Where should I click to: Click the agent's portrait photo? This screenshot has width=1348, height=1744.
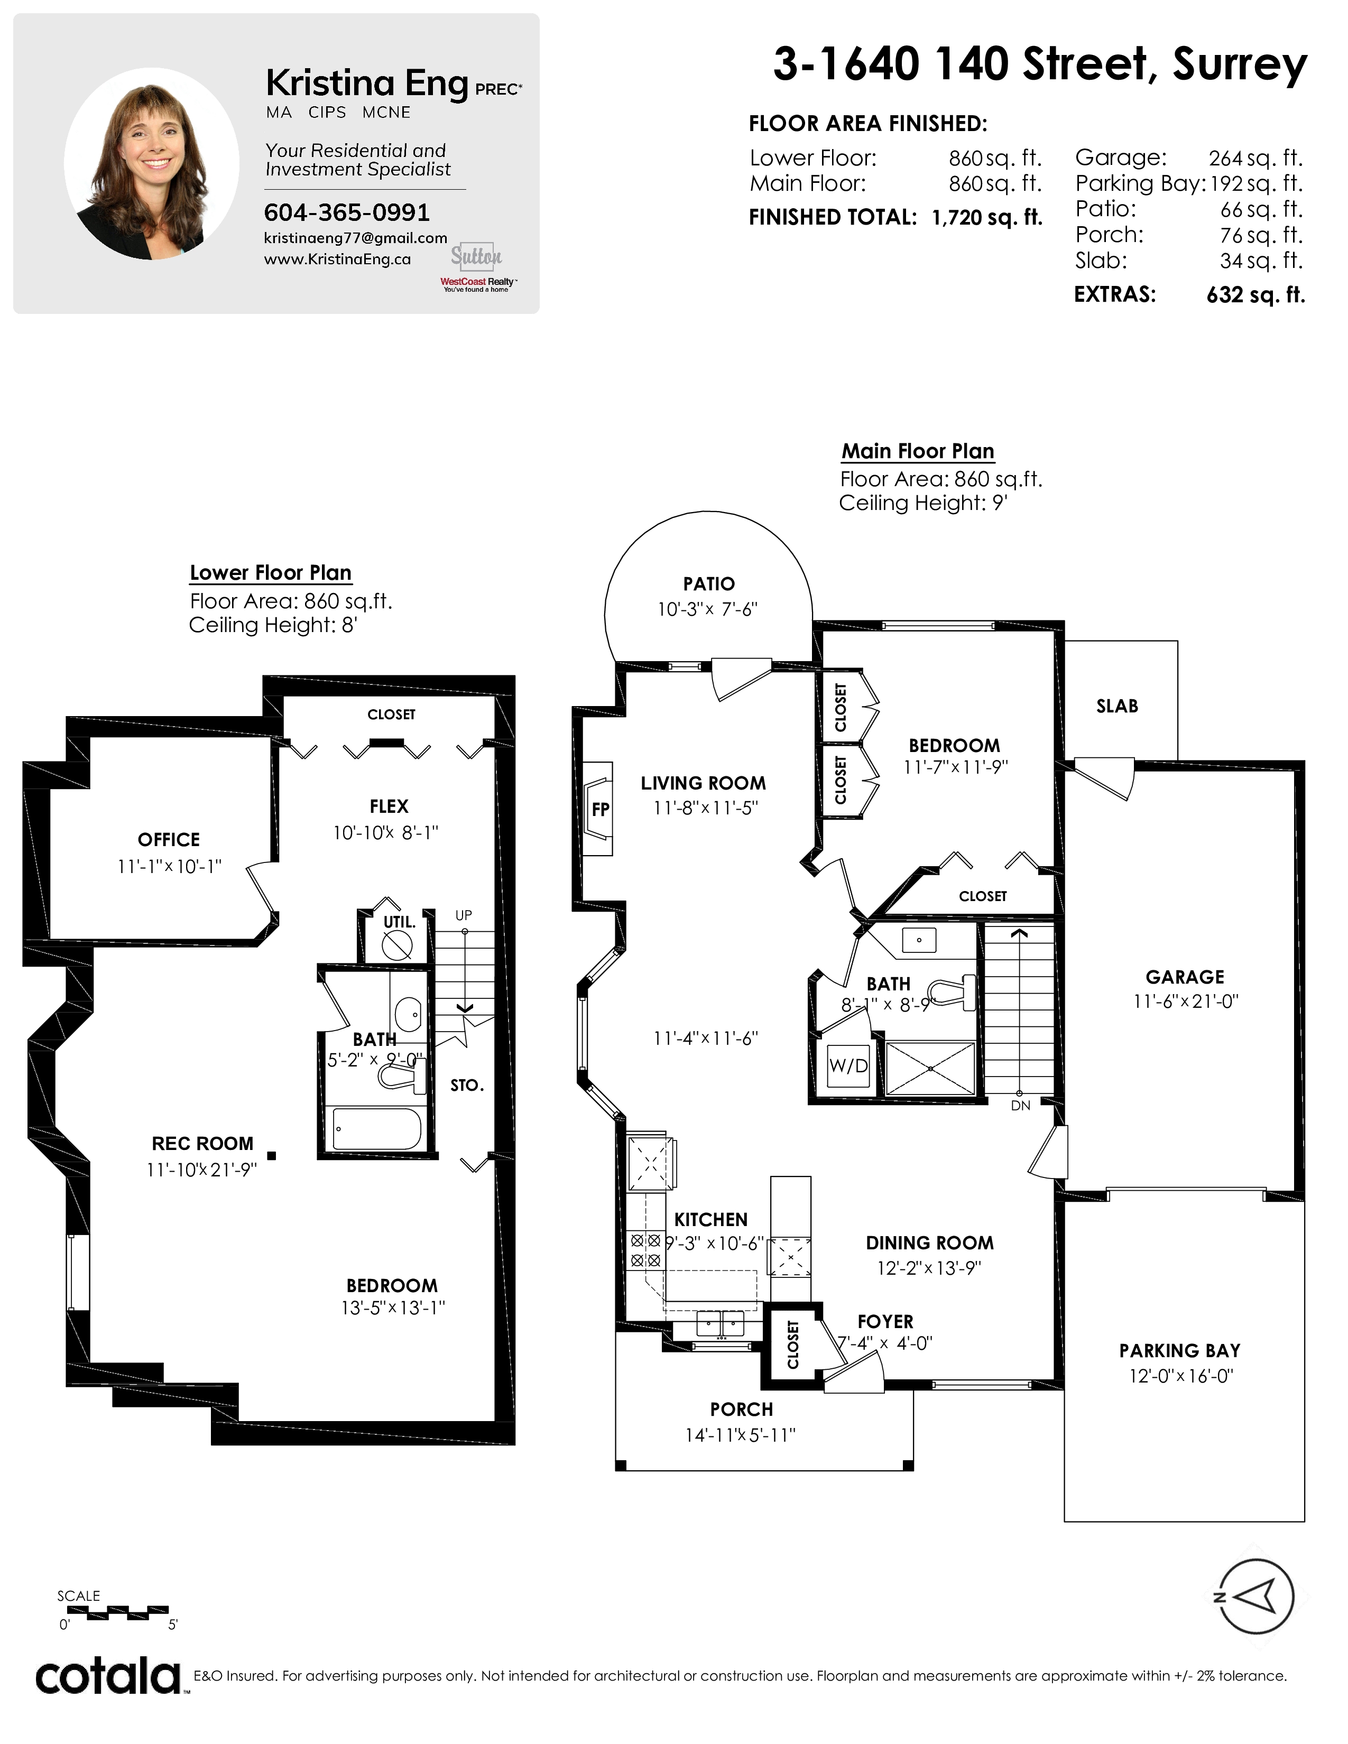click(152, 164)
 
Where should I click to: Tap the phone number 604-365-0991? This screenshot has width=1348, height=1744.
click(347, 212)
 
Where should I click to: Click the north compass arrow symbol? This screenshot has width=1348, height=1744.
click(1254, 1596)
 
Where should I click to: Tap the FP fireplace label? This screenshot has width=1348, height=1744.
click(601, 809)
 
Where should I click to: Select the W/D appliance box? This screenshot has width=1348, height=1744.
click(848, 1065)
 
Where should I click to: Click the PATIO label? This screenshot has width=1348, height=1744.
click(709, 584)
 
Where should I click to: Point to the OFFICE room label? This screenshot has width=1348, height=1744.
click(169, 839)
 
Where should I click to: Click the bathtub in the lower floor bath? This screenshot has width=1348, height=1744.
click(377, 1128)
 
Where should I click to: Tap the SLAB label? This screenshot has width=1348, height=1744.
click(1117, 706)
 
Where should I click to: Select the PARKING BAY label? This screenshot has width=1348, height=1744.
click(1179, 1350)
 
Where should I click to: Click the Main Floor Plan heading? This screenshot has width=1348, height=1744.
click(918, 451)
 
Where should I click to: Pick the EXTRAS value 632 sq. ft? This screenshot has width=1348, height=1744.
click(1256, 295)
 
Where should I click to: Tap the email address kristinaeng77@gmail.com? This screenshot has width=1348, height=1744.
click(355, 238)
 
